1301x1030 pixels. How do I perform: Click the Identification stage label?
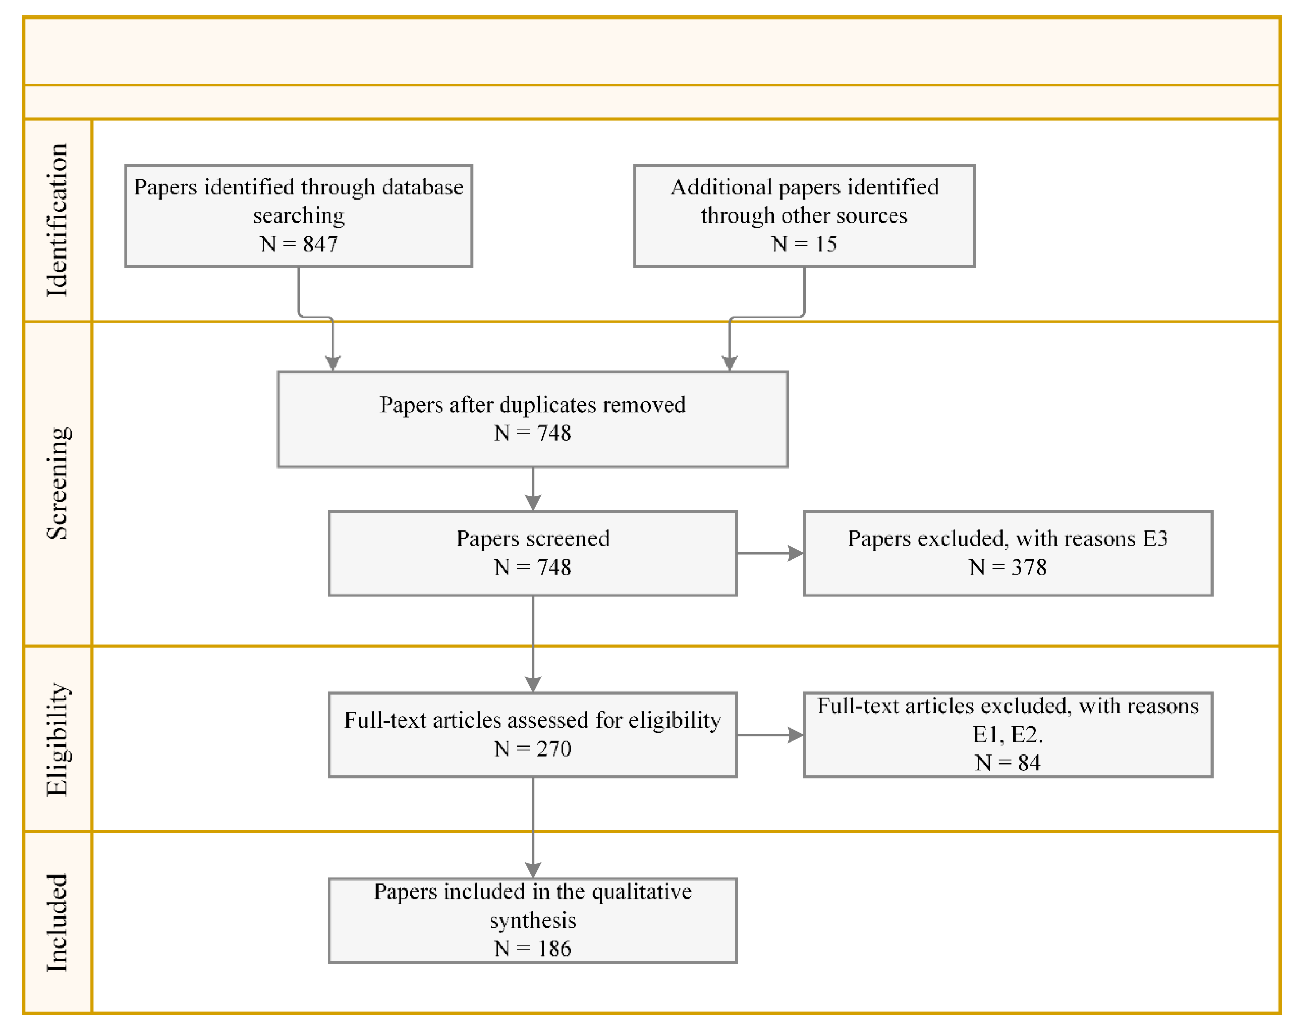pyautogui.click(x=57, y=220)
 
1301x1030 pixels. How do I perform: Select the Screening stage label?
pyautogui.click(x=58, y=483)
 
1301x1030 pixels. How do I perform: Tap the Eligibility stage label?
pyautogui.click(x=58, y=739)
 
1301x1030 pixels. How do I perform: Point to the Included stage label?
pyautogui.click(x=57, y=923)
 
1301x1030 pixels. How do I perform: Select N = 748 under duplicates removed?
pyautogui.click(x=532, y=433)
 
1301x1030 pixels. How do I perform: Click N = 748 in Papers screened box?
pyautogui.click(x=532, y=567)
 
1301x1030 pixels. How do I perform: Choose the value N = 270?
pyautogui.click(x=532, y=748)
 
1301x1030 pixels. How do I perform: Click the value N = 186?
pyautogui.click(x=532, y=949)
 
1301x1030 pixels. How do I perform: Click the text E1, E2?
pyautogui.click(x=1007, y=735)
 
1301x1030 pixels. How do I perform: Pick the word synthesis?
pyautogui.click(x=532, y=921)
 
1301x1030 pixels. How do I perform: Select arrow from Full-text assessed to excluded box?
pyautogui.click(x=770, y=735)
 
